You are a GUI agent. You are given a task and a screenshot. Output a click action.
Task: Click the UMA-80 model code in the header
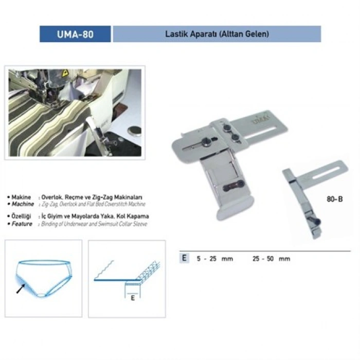click(75, 34)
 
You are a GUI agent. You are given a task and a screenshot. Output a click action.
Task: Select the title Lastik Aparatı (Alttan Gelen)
click(217, 34)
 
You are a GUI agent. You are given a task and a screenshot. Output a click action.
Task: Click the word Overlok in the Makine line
click(53, 197)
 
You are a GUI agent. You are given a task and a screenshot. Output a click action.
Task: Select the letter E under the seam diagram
click(132, 298)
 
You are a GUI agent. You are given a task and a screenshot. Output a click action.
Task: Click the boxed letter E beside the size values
click(183, 258)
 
